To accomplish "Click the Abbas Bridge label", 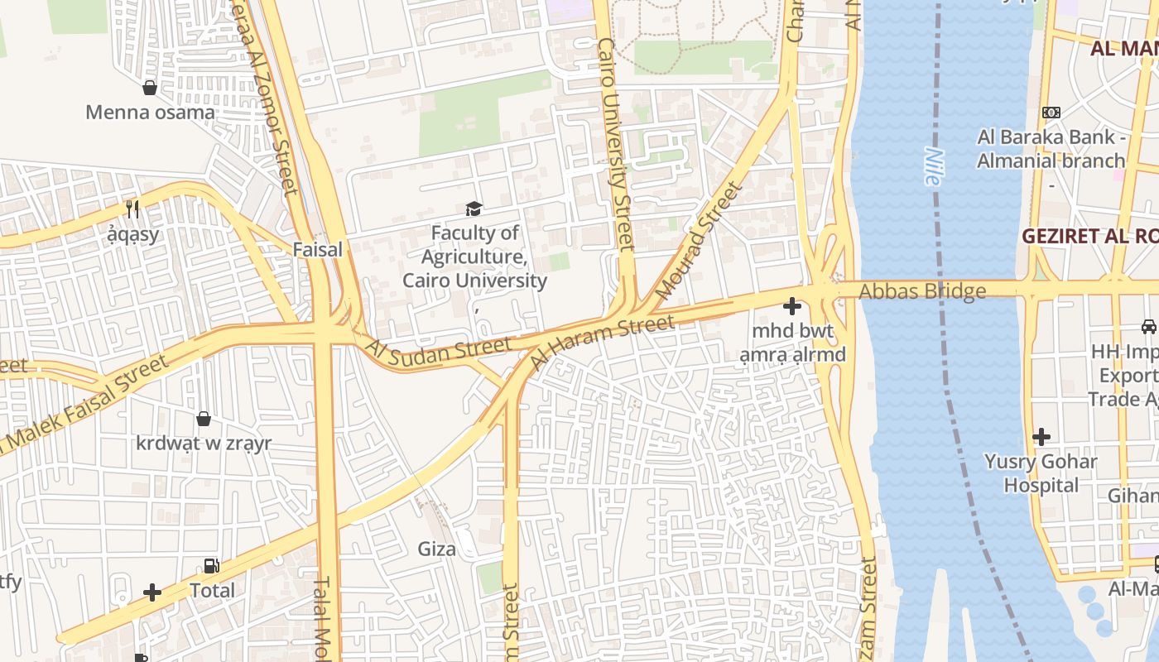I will (922, 291).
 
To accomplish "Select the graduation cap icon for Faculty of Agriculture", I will (474, 209).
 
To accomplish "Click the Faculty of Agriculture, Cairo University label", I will (474, 257).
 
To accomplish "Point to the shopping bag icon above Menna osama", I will (150, 87).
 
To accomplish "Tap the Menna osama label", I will (150, 113).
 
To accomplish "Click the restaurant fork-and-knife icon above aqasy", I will (132, 209).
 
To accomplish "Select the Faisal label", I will (317, 249).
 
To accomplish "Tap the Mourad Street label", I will (699, 241).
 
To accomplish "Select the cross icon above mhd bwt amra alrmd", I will (792, 307).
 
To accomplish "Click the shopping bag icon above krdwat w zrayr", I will (204, 419).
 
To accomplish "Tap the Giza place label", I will (436, 549).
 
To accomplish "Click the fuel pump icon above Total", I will (212, 566).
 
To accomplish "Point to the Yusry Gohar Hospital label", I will (1041, 473).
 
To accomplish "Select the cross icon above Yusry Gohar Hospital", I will (1041, 436).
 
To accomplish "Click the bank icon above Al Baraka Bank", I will (1051, 112).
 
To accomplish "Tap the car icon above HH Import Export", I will (1148, 327).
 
